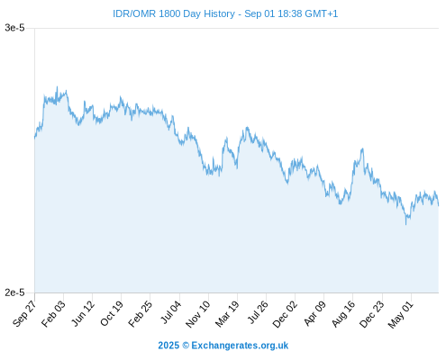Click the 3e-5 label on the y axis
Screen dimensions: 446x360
[14, 28]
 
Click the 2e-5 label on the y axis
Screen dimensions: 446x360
[14, 292]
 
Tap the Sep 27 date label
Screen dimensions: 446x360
[24, 313]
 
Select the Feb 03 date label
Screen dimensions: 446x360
[53, 313]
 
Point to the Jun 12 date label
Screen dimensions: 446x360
[83, 313]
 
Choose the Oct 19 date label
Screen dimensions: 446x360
[112, 313]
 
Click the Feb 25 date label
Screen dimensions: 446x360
[140, 313]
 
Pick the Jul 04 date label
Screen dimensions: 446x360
[171, 312]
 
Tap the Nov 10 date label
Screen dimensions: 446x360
[198, 314]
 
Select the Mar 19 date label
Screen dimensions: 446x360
[227, 314]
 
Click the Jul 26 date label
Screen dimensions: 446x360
[258, 312]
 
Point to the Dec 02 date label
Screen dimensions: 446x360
[285, 314]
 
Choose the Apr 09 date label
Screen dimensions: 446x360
[314, 313]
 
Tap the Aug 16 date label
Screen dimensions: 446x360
[343, 314]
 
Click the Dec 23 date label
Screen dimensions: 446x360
[372, 314]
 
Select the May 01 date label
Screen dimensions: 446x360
[401, 314]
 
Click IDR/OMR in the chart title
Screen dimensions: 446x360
[134, 13]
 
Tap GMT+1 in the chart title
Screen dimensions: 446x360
[322, 13]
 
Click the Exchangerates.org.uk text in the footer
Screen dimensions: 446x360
[240, 346]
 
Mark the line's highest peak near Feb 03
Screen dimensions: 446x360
[57, 87]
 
